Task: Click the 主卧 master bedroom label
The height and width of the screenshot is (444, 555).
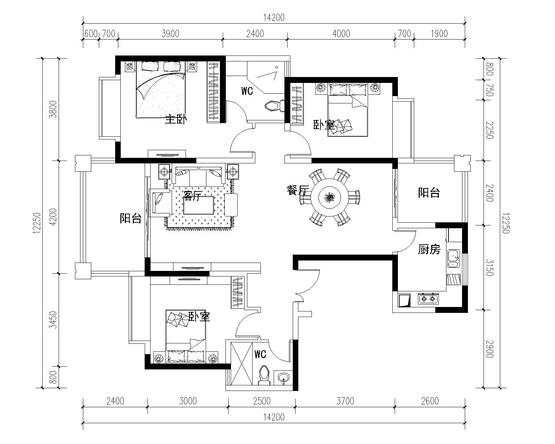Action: tap(176, 119)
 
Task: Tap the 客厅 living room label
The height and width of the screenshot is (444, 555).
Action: tap(193, 196)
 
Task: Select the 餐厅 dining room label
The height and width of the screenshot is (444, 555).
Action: tap(298, 190)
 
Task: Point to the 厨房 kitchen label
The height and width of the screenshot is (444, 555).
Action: tap(429, 249)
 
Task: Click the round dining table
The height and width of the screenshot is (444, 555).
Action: tap(329, 197)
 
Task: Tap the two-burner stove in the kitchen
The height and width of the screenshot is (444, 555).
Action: tap(428, 299)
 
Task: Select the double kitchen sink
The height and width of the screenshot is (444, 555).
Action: tap(453, 258)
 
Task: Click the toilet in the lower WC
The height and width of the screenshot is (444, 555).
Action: tap(264, 376)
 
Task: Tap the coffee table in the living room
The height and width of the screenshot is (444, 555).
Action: tap(198, 205)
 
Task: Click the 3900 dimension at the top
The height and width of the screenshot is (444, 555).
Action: tap(170, 34)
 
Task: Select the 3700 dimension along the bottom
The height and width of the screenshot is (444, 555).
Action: tap(345, 401)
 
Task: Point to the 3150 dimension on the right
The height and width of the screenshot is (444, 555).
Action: tap(489, 267)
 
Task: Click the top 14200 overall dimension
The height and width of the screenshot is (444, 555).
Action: tap(274, 18)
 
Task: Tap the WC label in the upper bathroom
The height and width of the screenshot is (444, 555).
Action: tap(247, 91)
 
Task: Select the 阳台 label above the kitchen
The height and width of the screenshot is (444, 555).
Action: tap(429, 193)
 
